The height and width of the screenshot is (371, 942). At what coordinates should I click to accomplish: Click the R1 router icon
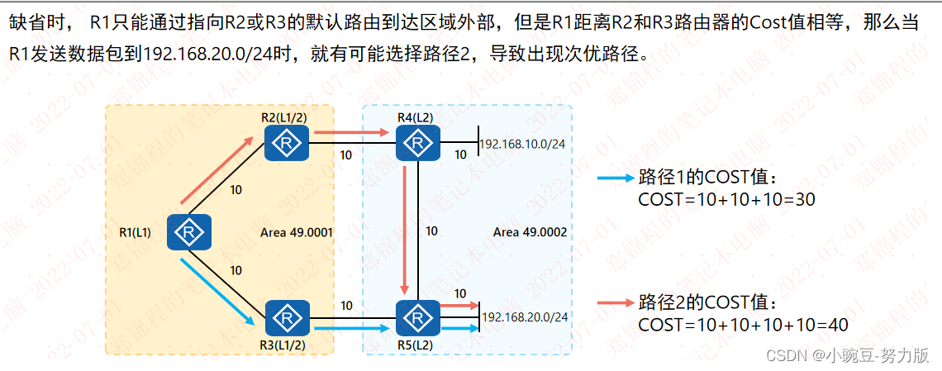click(x=189, y=232)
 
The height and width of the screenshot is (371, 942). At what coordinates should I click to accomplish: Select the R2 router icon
click(x=286, y=145)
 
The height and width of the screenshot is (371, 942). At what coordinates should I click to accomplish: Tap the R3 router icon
click(x=287, y=317)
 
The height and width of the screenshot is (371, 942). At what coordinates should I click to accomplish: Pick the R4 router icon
click(x=418, y=145)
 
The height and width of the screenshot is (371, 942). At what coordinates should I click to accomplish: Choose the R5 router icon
click(x=418, y=317)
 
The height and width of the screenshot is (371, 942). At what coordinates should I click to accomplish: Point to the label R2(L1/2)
click(x=286, y=118)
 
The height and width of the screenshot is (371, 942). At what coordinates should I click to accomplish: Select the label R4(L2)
click(x=415, y=118)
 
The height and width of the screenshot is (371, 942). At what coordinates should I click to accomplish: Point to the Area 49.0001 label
click(x=296, y=232)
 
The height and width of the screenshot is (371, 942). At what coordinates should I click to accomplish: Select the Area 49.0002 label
click(x=530, y=232)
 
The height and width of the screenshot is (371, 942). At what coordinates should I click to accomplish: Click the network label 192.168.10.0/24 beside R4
click(x=522, y=144)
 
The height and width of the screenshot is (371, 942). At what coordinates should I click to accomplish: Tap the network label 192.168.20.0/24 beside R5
click(x=526, y=317)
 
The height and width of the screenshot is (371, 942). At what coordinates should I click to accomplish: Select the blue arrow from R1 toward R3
click(x=217, y=291)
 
